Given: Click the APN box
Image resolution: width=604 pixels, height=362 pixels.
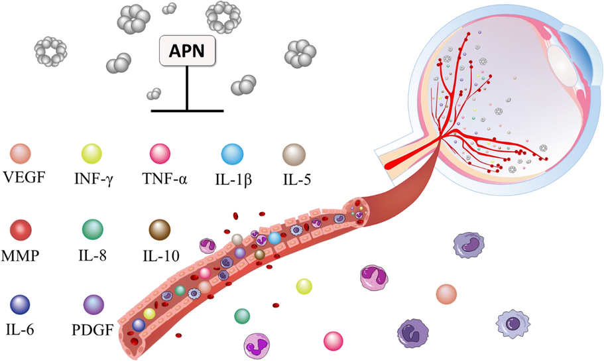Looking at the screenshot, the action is click(x=186, y=50).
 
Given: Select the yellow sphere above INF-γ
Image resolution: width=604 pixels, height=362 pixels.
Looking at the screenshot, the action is click(x=90, y=154).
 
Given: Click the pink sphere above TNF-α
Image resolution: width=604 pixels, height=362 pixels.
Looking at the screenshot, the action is click(x=160, y=154).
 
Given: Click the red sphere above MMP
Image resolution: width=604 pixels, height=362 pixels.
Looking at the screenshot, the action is click(x=22, y=229).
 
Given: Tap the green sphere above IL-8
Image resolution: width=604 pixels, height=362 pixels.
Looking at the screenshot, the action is click(x=90, y=229).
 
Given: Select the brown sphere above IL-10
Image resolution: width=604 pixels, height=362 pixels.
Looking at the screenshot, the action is click(x=160, y=229).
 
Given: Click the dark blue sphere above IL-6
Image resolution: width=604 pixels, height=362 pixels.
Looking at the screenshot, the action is click(x=22, y=305).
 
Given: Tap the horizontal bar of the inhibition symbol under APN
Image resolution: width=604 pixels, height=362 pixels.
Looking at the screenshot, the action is click(x=187, y=109).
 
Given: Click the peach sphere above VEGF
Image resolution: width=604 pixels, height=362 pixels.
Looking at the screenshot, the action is click(x=22, y=154).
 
